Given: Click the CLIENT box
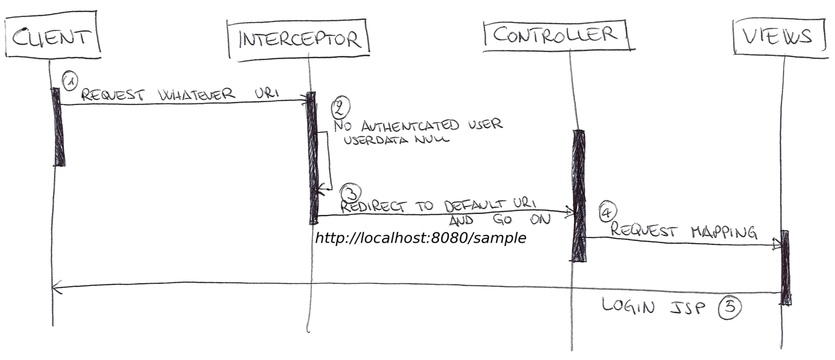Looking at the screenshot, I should click(53, 37).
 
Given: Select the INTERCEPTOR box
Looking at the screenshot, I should click(298, 39).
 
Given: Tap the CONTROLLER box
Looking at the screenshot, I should click(555, 35).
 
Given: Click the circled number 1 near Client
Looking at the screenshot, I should click(69, 82).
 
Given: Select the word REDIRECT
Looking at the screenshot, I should click(375, 205).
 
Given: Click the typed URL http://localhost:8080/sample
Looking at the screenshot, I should click(420, 238).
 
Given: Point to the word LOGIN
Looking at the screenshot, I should click(628, 306).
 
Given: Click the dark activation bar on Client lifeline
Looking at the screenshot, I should click(58, 127).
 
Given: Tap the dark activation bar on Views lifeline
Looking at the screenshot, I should click(785, 267).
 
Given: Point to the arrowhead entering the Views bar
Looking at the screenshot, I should click(777, 244).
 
